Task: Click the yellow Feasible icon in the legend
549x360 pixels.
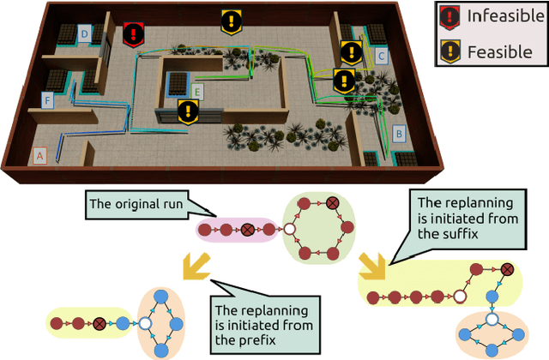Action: (x=450, y=51)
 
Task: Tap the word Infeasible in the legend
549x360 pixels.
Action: (x=499, y=17)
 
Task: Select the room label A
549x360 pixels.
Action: (x=38, y=155)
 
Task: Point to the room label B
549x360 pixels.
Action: (x=398, y=134)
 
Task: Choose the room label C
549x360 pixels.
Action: (x=382, y=57)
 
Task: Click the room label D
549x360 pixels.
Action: (x=84, y=33)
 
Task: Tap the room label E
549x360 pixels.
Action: (x=197, y=89)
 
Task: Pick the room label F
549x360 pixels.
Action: (x=48, y=100)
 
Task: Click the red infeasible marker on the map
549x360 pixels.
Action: (x=133, y=34)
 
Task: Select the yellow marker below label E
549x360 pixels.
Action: (x=188, y=111)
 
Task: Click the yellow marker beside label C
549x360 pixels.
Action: (x=350, y=52)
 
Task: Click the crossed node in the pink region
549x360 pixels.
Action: (x=247, y=230)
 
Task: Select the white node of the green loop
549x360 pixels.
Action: (x=289, y=230)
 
